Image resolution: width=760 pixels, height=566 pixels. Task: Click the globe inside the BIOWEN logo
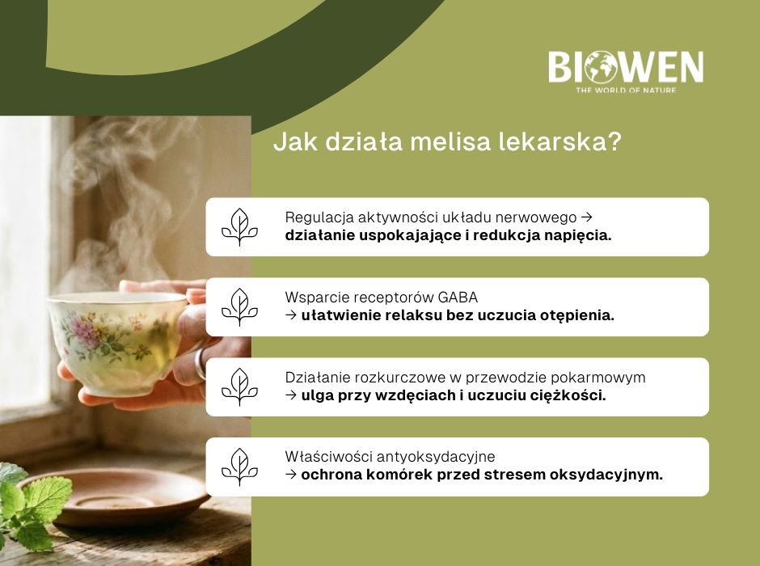[x=601, y=68]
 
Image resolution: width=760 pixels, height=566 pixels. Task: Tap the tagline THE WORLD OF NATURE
[x=626, y=90]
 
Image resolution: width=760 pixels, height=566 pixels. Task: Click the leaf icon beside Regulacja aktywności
[x=239, y=227]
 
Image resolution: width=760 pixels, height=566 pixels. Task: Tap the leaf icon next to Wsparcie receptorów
[x=239, y=307]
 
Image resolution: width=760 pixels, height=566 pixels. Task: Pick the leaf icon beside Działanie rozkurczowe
[x=239, y=386]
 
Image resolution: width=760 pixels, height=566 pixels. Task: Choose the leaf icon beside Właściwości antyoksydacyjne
[x=239, y=467]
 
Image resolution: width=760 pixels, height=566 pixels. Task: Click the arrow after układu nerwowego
[x=588, y=218]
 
